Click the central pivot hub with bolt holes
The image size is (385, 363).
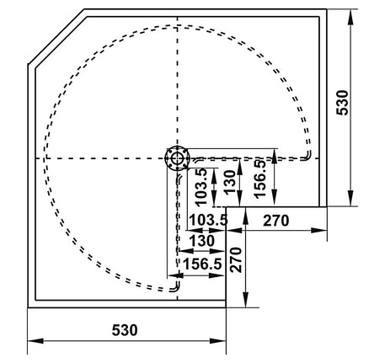[177, 158]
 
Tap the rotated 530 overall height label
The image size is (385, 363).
[342, 103]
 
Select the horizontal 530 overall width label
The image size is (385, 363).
[125, 330]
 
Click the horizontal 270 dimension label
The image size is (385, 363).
[275, 221]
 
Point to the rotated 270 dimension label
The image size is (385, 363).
[236, 259]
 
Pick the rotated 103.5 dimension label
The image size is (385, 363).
[201, 187]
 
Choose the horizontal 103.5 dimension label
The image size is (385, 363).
[208, 221]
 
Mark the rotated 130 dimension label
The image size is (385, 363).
[229, 182]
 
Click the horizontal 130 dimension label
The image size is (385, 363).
[202, 241]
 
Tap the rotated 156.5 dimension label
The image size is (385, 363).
[259, 179]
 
